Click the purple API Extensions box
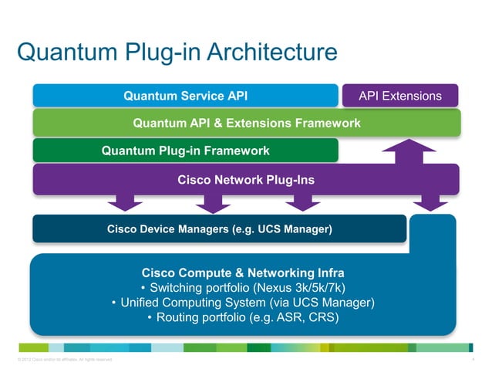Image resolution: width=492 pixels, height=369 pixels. [x=400, y=96]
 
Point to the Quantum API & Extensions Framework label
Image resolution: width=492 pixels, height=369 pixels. [x=247, y=123]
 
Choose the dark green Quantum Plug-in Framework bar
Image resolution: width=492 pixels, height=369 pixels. [x=185, y=151]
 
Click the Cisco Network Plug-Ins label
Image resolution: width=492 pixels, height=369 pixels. [x=246, y=179]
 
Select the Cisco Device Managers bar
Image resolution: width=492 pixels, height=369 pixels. [x=219, y=229]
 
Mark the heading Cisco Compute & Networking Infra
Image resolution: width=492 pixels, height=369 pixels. [x=243, y=273]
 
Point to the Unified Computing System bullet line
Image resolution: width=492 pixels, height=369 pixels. [x=243, y=303]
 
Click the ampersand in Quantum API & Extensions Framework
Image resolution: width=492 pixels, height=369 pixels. [x=213, y=123]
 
